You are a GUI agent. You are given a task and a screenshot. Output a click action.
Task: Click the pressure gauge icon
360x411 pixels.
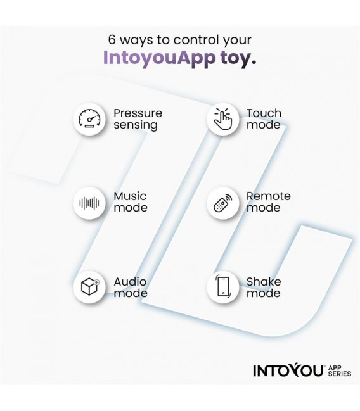[89, 119]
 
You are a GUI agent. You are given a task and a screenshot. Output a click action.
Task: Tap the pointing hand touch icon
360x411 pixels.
[222, 119]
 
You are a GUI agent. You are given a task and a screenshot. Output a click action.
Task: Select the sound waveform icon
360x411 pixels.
[89, 203]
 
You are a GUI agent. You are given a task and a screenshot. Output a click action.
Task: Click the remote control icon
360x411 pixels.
[223, 203]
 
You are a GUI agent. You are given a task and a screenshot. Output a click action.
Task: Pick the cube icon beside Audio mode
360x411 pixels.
[90, 286]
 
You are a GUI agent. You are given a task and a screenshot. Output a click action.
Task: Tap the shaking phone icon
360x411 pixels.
[223, 286]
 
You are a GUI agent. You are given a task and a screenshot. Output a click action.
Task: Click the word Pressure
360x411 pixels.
[138, 113]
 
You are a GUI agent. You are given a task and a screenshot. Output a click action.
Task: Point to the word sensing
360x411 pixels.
[136, 125]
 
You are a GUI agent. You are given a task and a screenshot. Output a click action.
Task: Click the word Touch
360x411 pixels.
[264, 113]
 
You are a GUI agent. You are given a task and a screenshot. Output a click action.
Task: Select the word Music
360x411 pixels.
[130, 196]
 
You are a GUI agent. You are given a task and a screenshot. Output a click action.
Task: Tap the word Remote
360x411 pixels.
[269, 196]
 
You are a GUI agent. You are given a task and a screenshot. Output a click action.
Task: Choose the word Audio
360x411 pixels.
[130, 282]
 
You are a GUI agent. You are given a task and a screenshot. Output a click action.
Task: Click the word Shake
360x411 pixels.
[264, 282]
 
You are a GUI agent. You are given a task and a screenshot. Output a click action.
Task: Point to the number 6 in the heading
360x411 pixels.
[112, 39]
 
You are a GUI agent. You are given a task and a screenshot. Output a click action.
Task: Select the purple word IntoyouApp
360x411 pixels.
[159, 58]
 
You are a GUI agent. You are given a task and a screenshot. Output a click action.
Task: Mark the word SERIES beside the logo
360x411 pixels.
[340, 373]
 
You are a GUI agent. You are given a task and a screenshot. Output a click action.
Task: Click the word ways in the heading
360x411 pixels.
[136, 40]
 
